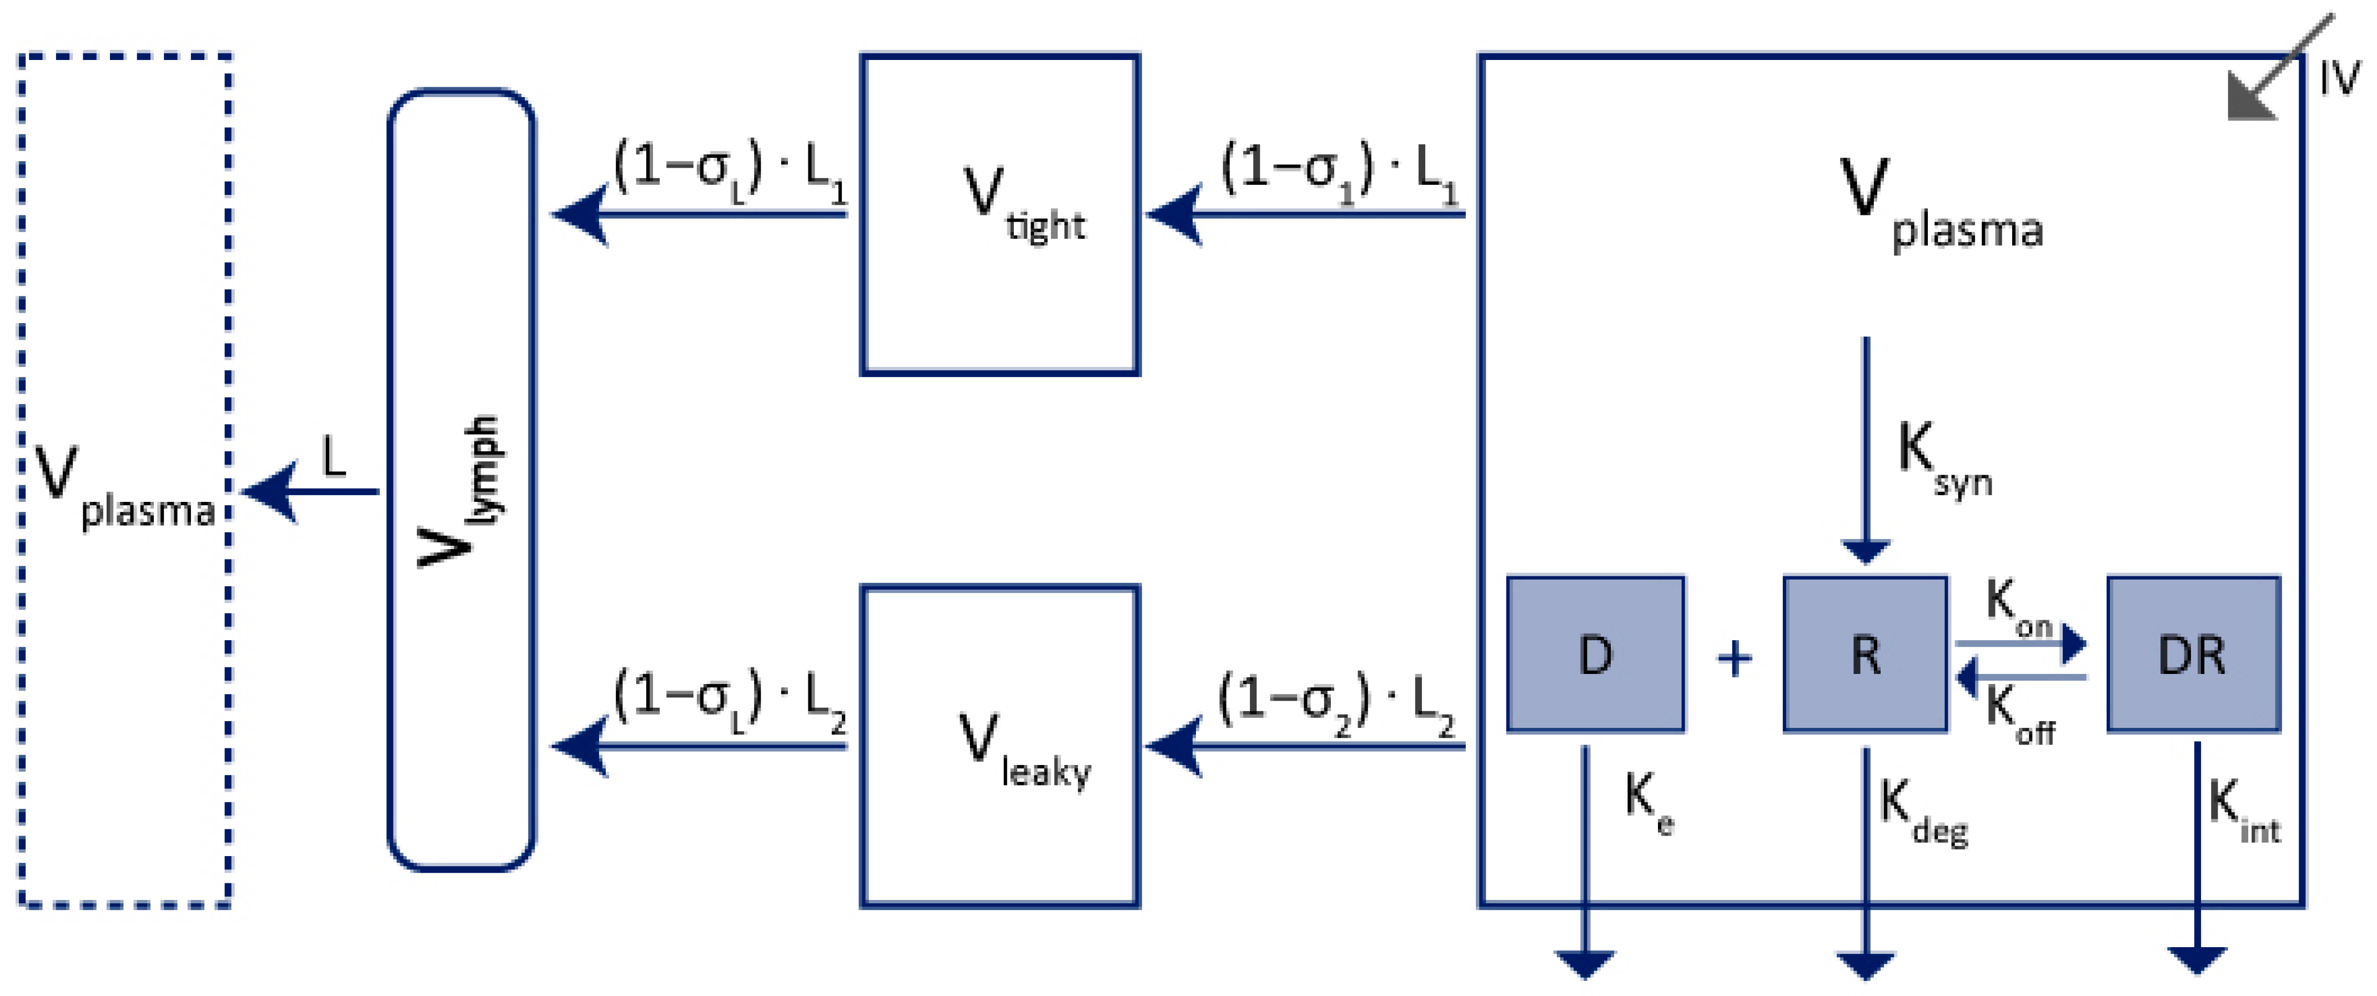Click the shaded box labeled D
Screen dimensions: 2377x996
1595,654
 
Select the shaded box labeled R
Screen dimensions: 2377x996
1866,654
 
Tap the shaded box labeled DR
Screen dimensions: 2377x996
2193,654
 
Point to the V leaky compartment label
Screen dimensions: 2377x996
1024,749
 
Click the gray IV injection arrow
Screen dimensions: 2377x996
2279,67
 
